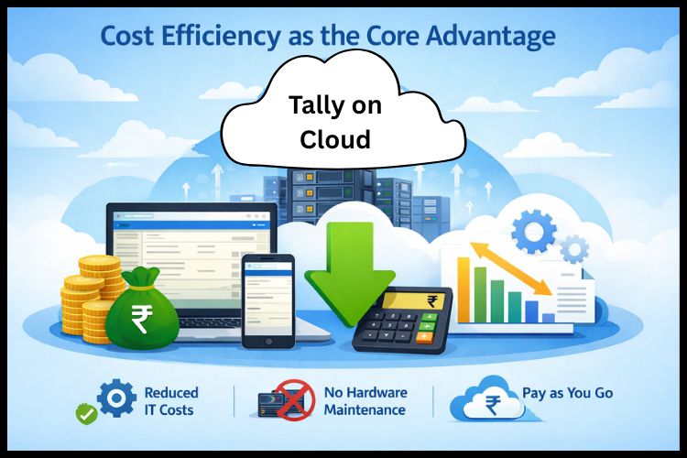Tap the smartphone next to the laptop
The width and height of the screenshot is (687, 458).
point(267,300)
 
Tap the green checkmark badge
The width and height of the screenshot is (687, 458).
point(85,415)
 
